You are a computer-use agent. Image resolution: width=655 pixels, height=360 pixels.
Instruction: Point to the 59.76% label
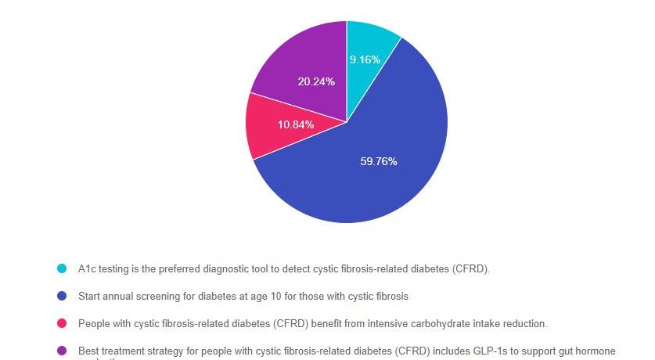(379, 162)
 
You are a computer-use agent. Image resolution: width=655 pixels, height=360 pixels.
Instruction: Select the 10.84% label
(296, 125)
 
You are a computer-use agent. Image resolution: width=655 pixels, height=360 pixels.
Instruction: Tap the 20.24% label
(316, 81)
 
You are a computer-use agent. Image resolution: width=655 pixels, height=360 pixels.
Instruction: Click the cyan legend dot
(62, 269)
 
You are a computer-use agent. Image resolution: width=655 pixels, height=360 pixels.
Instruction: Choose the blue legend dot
(62, 297)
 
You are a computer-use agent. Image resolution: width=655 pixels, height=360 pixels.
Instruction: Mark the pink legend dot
(62, 323)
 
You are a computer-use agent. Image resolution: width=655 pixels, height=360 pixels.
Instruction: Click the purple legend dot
(62, 351)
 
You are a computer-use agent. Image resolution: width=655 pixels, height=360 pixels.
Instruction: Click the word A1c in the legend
(87, 269)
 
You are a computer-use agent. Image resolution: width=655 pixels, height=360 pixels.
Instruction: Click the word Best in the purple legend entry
(88, 351)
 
